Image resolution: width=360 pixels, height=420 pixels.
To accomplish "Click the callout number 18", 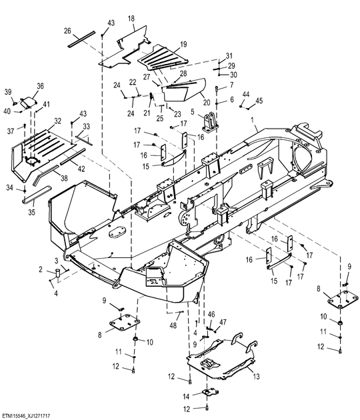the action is (131, 19).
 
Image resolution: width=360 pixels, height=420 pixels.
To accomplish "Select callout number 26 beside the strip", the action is (67, 31).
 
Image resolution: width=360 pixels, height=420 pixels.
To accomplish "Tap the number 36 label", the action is (40, 86).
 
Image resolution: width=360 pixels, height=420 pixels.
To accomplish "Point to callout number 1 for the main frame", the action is (252, 120).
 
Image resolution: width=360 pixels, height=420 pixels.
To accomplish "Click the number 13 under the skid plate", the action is (257, 377).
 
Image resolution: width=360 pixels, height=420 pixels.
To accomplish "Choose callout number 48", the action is (173, 325).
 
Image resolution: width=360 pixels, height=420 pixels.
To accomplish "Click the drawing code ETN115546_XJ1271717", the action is (25, 415).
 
